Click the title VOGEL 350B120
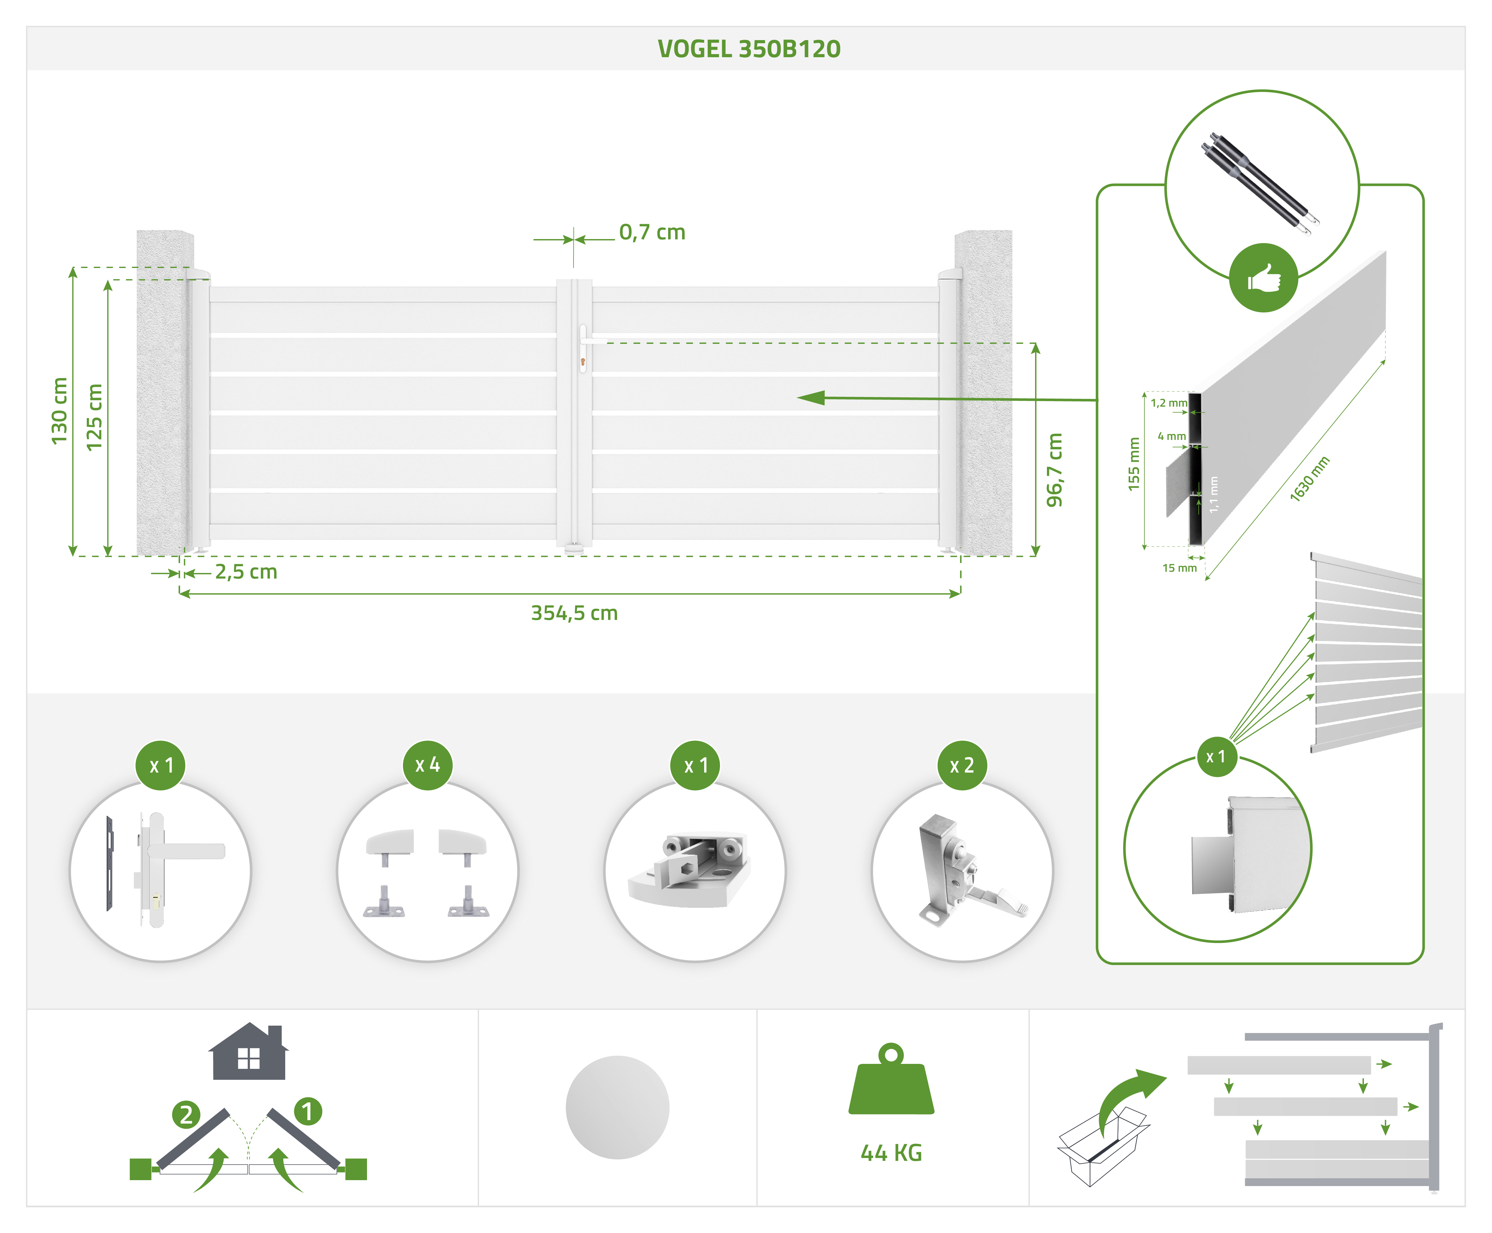(x=749, y=49)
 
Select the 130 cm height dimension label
(x=60, y=410)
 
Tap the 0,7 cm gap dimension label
(x=652, y=232)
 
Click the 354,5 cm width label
(x=574, y=613)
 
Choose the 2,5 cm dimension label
(x=246, y=572)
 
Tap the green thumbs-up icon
(x=1263, y=278)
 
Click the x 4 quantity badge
(x=428, y=765)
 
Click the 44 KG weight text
(x=891, y=1153)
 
